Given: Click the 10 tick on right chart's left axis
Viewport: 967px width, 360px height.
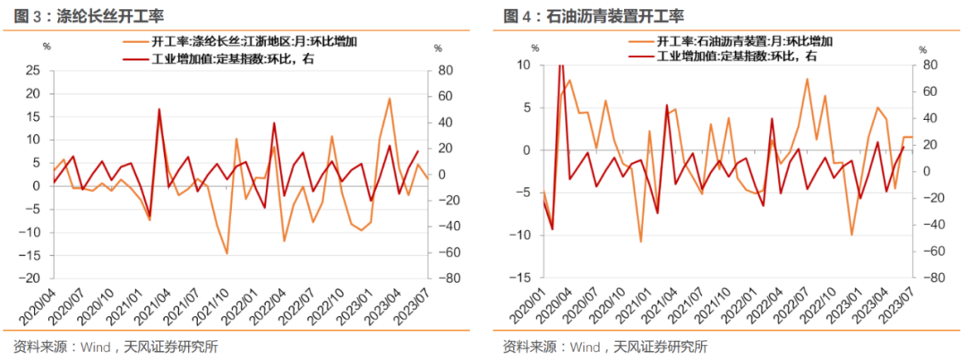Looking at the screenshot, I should coord(523,65).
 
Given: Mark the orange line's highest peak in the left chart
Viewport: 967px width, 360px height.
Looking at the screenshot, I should coord(389,99).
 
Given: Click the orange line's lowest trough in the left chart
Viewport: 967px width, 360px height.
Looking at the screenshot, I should coord(227,254).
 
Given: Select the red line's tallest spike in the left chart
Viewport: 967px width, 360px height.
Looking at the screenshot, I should coord(159,109).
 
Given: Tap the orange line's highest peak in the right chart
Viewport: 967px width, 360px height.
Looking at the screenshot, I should coord(807,78).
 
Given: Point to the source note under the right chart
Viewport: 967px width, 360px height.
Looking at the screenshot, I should coord(604,347).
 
